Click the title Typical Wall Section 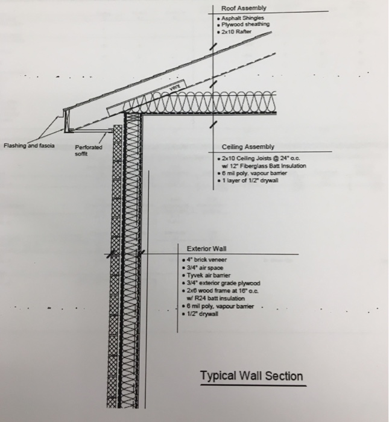(x=251, y=376)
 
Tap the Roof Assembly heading (x=243, y=8)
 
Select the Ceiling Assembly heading (x=248, y=146)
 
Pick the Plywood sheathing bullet (x=245, y=25)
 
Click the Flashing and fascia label (x=29, y=145)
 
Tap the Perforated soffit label (x=89, y=151)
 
